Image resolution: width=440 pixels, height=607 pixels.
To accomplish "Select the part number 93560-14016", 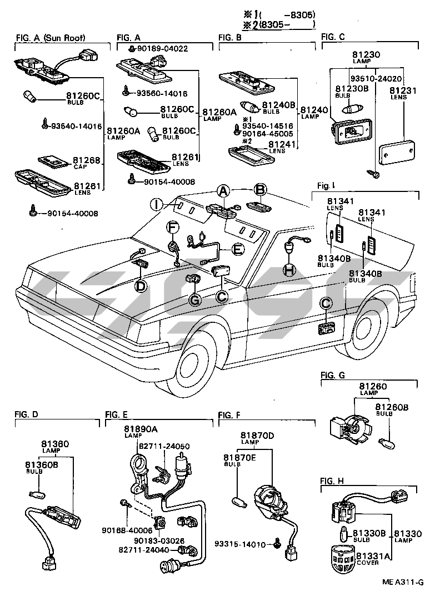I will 162,93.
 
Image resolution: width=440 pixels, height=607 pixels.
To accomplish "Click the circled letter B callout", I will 260,190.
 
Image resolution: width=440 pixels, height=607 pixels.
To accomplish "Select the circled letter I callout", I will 157,204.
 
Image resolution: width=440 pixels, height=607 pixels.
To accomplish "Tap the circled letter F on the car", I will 173,227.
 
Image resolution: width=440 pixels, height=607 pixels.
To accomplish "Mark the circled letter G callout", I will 195,300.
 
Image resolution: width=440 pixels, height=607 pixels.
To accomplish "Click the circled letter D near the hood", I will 141,286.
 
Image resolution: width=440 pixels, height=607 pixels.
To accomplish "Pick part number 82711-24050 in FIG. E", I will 164,446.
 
